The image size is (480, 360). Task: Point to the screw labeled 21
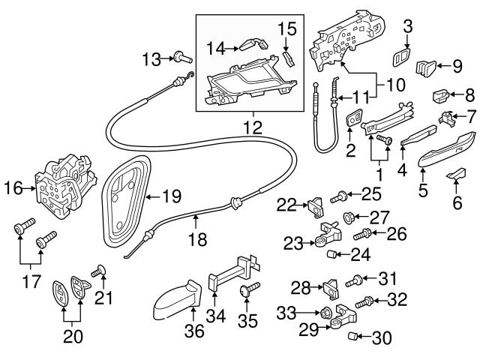(x=99, y=271)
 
